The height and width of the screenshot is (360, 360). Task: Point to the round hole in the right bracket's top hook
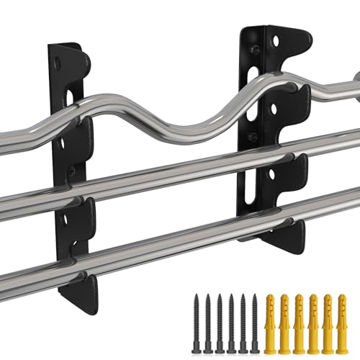tap(274, 43)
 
